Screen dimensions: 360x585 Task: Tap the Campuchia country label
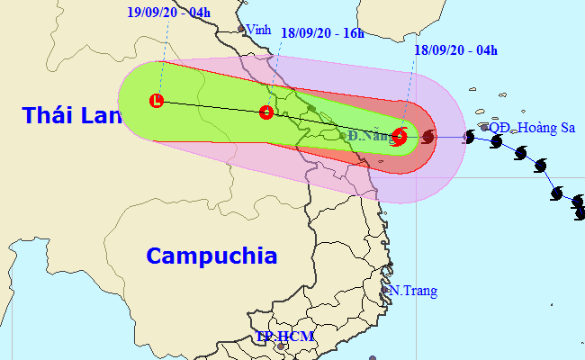211,256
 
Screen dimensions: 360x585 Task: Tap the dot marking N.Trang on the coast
385,290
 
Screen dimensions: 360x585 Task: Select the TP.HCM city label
283,337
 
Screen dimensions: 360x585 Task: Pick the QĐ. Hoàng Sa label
534,128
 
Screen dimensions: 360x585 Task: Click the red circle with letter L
157,101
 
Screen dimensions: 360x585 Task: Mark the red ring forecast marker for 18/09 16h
265,112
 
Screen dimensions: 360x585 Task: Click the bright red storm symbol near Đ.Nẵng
400,138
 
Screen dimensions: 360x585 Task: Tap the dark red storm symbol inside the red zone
427,137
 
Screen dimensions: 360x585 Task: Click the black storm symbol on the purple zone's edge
469,137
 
